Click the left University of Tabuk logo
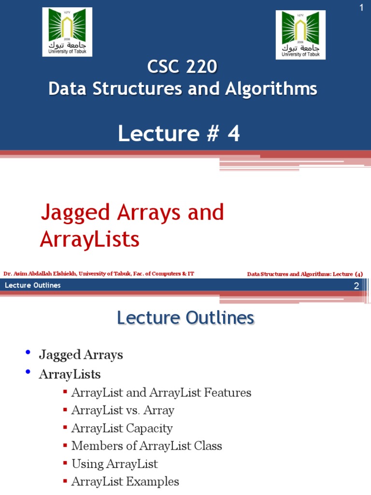67,32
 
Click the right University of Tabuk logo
300,35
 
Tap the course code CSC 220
182,67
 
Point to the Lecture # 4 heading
179,134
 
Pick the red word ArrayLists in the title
89,239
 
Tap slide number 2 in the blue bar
356,286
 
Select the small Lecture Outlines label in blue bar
33,285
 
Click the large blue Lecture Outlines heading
185,318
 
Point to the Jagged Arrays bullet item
81,355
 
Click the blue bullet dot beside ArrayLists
29,372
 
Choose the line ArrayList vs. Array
123,410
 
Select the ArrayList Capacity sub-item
122,428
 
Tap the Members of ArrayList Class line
146,446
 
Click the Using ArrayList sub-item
114,464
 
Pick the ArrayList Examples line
125,481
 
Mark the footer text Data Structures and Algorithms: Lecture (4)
305,274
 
